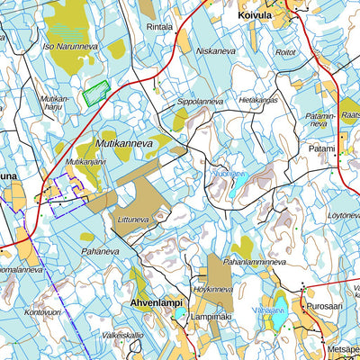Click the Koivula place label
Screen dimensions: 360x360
tap(256, 15)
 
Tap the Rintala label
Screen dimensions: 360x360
tap(159, 27)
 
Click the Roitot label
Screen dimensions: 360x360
tap(285, 53)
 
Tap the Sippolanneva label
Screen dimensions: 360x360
tap(199, 102)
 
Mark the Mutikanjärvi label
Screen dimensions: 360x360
tap(86, 162)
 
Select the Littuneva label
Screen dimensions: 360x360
tap(133, 218)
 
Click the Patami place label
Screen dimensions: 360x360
tap(321, 146)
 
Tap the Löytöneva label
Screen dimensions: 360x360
tap(342, 216)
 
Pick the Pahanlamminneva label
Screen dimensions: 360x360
tap(255, 262)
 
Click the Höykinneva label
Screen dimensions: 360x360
tap(213, 290)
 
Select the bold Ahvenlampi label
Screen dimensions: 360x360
tap(157, 304)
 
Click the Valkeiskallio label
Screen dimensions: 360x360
tap(122, 335)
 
